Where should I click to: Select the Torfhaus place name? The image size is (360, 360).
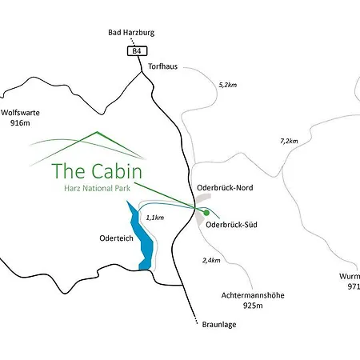tap(164, 66)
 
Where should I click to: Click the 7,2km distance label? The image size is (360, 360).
tap(288, 141)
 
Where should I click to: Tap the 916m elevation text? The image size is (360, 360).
tap(19, 125)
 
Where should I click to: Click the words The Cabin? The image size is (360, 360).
tap(97, 171)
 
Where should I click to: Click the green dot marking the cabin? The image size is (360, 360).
tap(206, 213)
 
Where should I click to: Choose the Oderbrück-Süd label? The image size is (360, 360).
tap(231, 225)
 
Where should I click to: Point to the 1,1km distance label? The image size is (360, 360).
tap(154, 217)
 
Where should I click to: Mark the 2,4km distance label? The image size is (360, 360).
tap(211, 260)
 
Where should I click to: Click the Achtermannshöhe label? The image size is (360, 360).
tap(252, 295)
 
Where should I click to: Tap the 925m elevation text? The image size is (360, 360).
tap(252, 306)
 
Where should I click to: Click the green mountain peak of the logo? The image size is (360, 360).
tap(97, 133)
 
